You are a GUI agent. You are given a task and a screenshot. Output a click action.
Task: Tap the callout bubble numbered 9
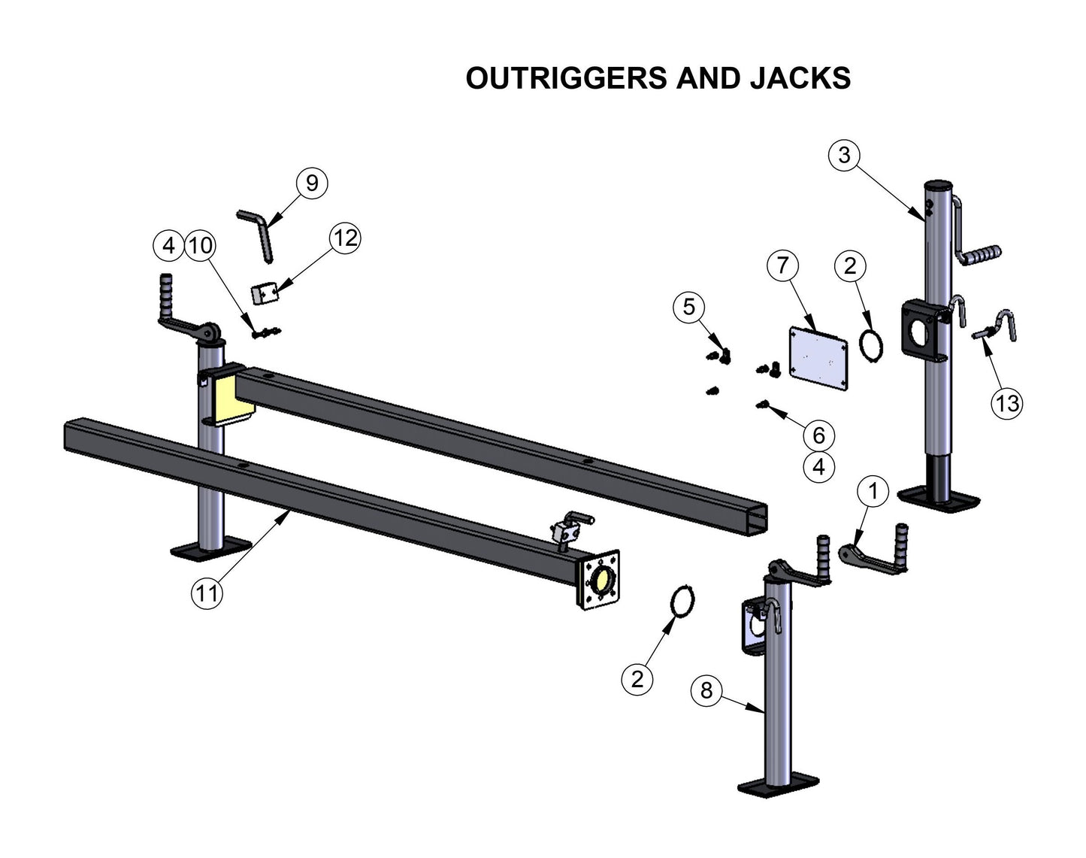pos(312,183)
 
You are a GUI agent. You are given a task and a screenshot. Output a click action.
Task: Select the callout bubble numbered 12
pos(345,238)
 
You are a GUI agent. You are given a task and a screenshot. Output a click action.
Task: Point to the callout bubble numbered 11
pos(207,593)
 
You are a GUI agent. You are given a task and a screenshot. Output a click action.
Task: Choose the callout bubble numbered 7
pos(782,265)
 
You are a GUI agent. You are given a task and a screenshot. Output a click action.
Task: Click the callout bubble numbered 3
pos(844,155)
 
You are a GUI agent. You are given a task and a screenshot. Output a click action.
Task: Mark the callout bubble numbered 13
pos(1007,403)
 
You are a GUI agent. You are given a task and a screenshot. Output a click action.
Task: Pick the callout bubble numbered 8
pos(706,690)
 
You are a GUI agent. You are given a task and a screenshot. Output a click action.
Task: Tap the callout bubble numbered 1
pos(873,492)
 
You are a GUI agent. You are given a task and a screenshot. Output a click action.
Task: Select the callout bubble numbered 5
pos(689,307)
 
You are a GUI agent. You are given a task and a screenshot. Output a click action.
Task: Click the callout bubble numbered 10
pos(200,245)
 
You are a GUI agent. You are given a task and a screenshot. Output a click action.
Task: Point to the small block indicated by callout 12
pos(265,293)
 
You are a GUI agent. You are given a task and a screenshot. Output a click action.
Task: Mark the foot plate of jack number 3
pos(939,499)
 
